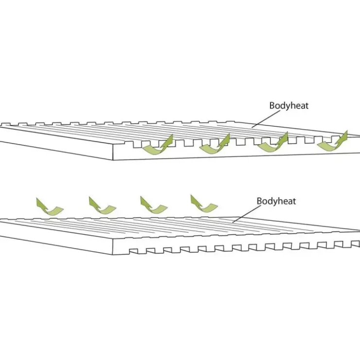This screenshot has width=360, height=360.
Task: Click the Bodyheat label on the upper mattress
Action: point(289,106)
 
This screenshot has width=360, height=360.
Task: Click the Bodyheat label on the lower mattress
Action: point(276,201)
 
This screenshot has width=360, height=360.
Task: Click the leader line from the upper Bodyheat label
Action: point(266,119)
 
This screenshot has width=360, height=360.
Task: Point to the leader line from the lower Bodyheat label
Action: point(247,214)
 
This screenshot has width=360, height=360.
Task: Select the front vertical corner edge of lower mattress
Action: point(113,247)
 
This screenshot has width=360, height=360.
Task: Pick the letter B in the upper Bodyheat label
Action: point(272,106)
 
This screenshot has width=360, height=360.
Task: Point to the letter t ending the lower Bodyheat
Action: point(294,201)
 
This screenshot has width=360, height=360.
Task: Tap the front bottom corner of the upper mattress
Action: point(113,160)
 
